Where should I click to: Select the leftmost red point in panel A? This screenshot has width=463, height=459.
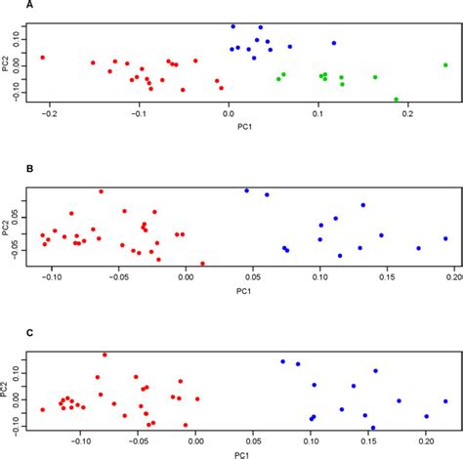coord(42,58)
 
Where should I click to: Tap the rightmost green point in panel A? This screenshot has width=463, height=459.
coord(446,65)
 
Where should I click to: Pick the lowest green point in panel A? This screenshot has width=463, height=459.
coord(396,100)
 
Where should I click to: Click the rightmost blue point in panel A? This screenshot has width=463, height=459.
coord(334,43)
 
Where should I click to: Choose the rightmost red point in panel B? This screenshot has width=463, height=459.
coord(202,263)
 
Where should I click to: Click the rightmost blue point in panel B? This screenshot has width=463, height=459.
coord(445,238)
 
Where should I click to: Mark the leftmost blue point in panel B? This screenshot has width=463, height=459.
coord(246,190)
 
